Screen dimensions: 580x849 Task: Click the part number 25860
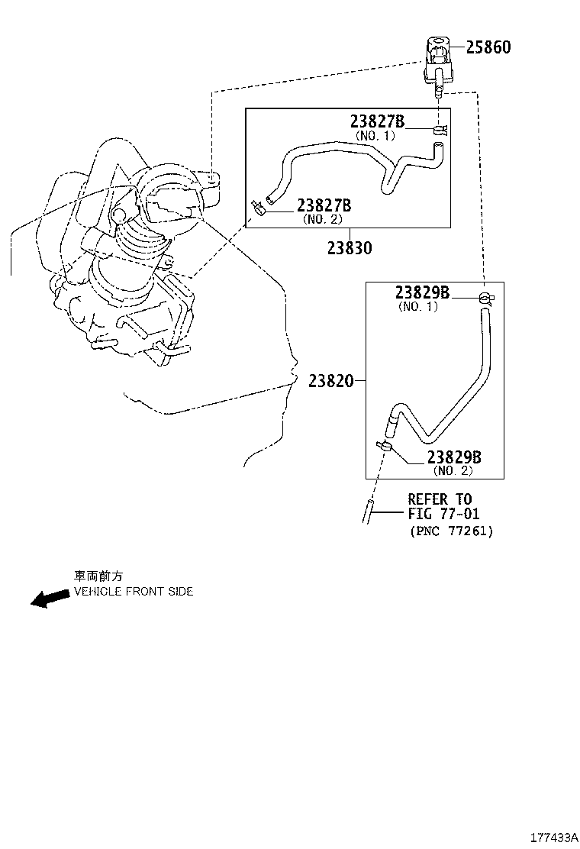point(488,47)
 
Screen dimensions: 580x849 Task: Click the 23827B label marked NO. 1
point(377,121)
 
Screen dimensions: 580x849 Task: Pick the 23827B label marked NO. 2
point(324,205)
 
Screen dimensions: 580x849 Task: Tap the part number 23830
point(350,248)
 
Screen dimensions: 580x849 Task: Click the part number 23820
point(330,381)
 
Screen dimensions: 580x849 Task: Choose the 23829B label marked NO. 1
point(422,292)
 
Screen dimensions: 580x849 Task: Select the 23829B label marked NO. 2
point(454,457)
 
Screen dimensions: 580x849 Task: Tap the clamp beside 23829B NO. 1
point(487,297)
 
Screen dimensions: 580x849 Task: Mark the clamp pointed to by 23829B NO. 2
point(385,447)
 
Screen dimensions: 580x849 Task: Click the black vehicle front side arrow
point(50,598)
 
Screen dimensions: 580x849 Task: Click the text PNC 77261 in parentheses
point(452,531)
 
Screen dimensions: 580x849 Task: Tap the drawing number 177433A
point(554,838)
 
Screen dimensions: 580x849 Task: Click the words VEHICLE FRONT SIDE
point(134,591)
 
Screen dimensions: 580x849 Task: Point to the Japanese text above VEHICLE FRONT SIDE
point(98,576)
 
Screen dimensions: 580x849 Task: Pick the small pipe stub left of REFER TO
point(367,511)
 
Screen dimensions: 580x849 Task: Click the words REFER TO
point(440,499)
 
